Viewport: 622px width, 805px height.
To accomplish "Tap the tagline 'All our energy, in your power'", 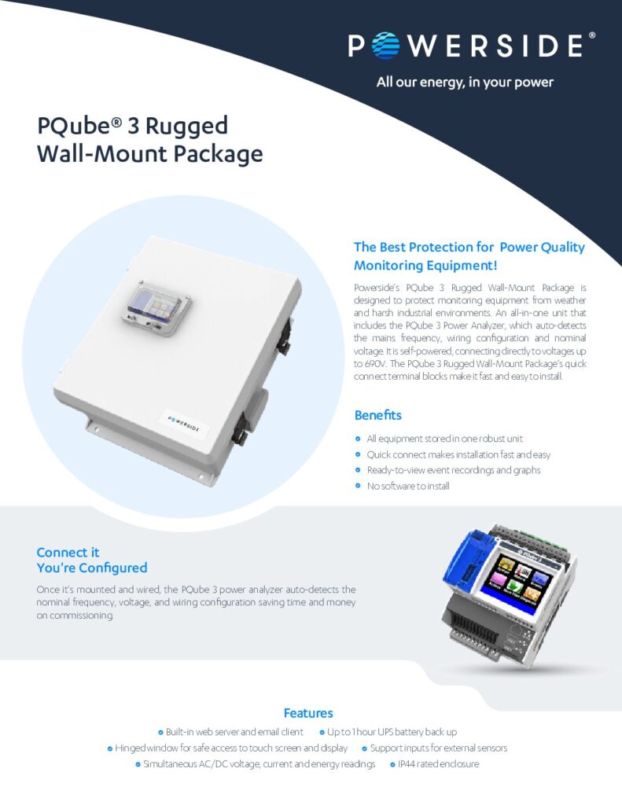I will point(465,82).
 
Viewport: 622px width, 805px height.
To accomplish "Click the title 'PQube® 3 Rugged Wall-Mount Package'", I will point(149,139).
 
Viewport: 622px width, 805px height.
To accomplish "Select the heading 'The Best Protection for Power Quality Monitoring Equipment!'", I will point(469,256).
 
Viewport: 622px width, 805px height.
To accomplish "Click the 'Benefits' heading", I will point(377,414).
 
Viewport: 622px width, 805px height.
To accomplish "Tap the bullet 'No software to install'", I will point(408,486).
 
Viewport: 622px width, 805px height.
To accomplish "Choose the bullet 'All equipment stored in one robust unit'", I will point(444,439).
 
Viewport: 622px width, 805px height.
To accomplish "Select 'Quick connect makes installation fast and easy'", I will point(458,454).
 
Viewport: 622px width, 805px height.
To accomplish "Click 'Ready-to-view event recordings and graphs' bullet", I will point(453,470).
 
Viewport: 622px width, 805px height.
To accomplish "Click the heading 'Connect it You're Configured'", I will point(91,560).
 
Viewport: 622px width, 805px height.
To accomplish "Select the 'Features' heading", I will point(308,713).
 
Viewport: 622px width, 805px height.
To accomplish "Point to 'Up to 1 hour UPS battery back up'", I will point(392,732).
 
